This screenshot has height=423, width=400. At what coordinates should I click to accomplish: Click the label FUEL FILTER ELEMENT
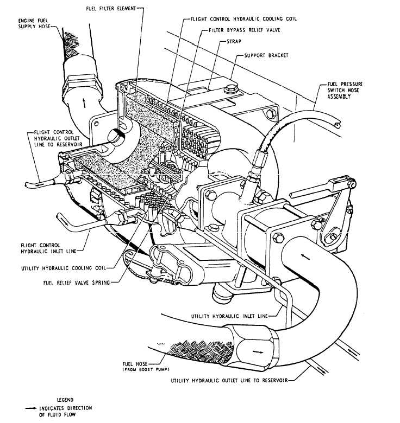point(111,9)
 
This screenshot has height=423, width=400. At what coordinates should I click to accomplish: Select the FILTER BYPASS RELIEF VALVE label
point(241,30)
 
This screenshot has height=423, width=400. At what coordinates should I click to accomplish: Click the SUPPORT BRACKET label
point(266,56)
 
